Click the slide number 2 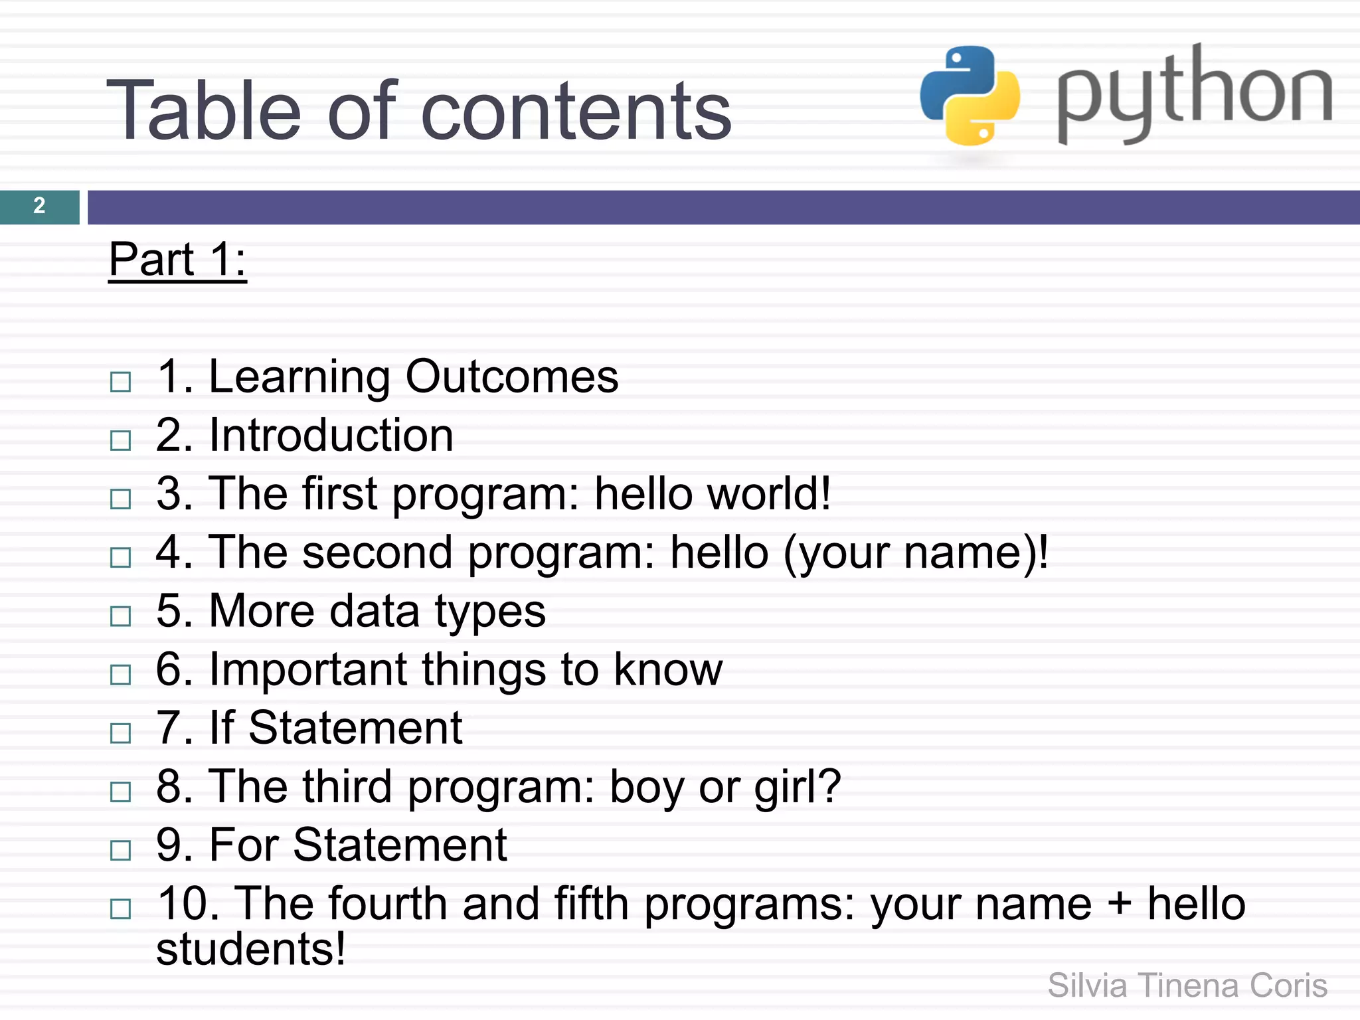click(39, 206)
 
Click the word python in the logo click(1194, 94)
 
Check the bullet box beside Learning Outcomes click(120, 382)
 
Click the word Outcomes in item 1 click(511, 377)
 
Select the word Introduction click(331, 435)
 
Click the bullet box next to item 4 click(120, 557)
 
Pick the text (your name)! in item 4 click(916, 552)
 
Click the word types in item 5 click(490, 611)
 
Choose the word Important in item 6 click(307, 669)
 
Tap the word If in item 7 click(222, 727)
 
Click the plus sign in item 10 click(1120, 904)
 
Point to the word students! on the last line click(251, 949)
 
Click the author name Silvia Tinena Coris click(1187, 985)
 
